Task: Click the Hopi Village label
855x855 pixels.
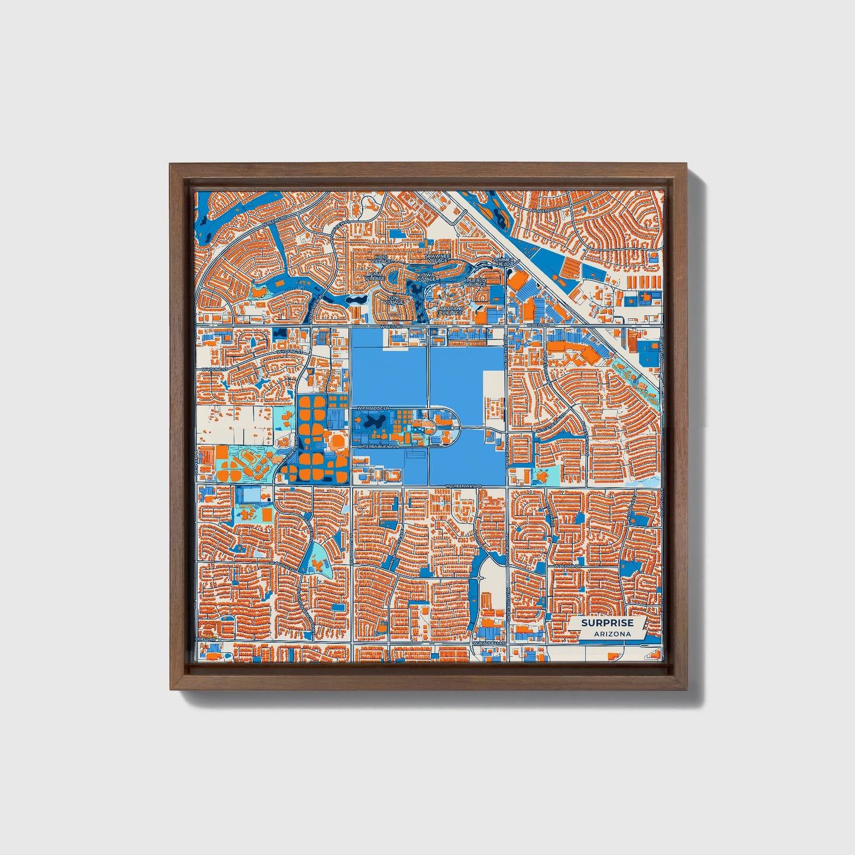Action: coord(381,259)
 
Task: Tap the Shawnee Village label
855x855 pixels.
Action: coord(438,258)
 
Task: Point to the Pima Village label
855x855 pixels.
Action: coord(375,277)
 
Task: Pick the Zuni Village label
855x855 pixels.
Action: coord(393,300)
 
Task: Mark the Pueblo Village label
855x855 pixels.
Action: coord(476,282)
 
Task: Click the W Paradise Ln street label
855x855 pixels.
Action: coord(372,408)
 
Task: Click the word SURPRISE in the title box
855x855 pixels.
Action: coord(606,623)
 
